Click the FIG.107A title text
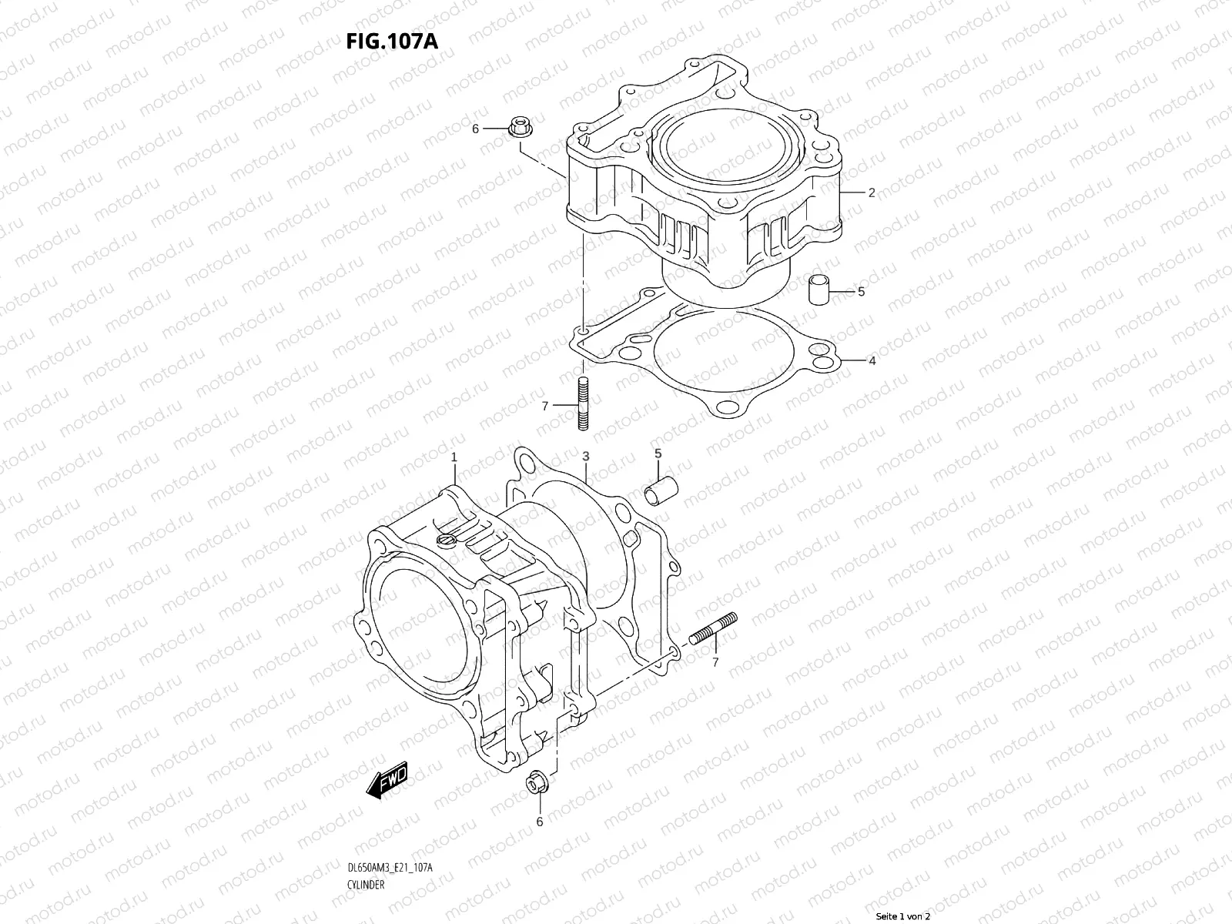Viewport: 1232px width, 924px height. tap(393, 40)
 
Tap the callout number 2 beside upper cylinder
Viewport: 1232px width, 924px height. tap(871, 192)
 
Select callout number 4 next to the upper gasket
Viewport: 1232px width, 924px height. tap(872, 360)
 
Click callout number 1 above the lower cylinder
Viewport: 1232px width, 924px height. tap(454, 457)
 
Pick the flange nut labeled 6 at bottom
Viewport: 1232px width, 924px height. tap(534, 782)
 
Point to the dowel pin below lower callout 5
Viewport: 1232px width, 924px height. tap(662, 490)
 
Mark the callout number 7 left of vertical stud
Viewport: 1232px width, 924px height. tap(545, 406)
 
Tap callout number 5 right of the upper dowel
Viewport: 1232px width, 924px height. tap(861, 292)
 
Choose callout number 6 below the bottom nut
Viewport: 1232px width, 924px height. tap(539, 822)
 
